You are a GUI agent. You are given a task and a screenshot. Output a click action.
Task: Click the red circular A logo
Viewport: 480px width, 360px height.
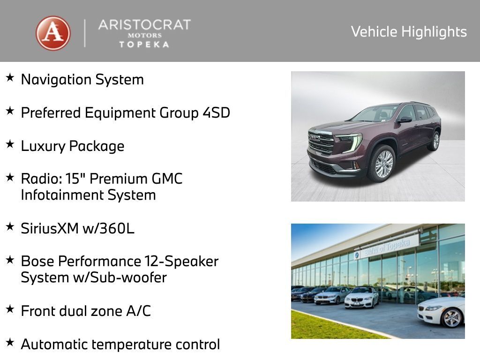[53, 33]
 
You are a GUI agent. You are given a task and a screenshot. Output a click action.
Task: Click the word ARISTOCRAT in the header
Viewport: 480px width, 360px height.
[144, 25]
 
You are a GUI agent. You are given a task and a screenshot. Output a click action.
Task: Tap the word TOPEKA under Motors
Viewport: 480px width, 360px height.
[144, 44]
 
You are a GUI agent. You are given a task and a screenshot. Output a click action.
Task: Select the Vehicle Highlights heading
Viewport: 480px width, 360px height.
[409, 32]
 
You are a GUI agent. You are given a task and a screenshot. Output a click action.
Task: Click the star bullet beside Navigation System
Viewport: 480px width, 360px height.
[10, 78]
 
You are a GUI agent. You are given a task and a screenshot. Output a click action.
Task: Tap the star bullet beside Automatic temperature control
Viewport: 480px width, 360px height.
[10, 343]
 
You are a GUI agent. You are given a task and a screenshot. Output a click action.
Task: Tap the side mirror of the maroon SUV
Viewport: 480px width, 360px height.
[403, 120]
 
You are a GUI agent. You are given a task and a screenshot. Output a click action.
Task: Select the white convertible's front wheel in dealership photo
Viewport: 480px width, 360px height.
[451, 318]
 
